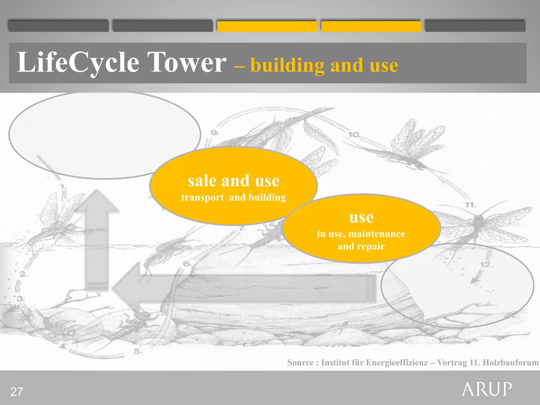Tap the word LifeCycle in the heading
pos(78,62)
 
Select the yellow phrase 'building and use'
pos(324,65)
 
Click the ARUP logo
pos(487,389)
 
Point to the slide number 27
pos(17,392)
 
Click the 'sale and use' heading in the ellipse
pos(233,181)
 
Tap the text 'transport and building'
pos(233,197)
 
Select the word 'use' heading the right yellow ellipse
pos(361,218)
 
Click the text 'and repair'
pos(361,247)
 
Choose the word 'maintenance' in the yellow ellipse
pos(377,234)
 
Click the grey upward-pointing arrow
pos(97,237)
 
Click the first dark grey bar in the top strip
pos(58,26)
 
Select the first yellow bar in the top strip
pos(267,26)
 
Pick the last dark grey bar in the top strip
pos(475,26)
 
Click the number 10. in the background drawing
pos(354,135)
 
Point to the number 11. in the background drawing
pos(470,205)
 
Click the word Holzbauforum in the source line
pos(510,363)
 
